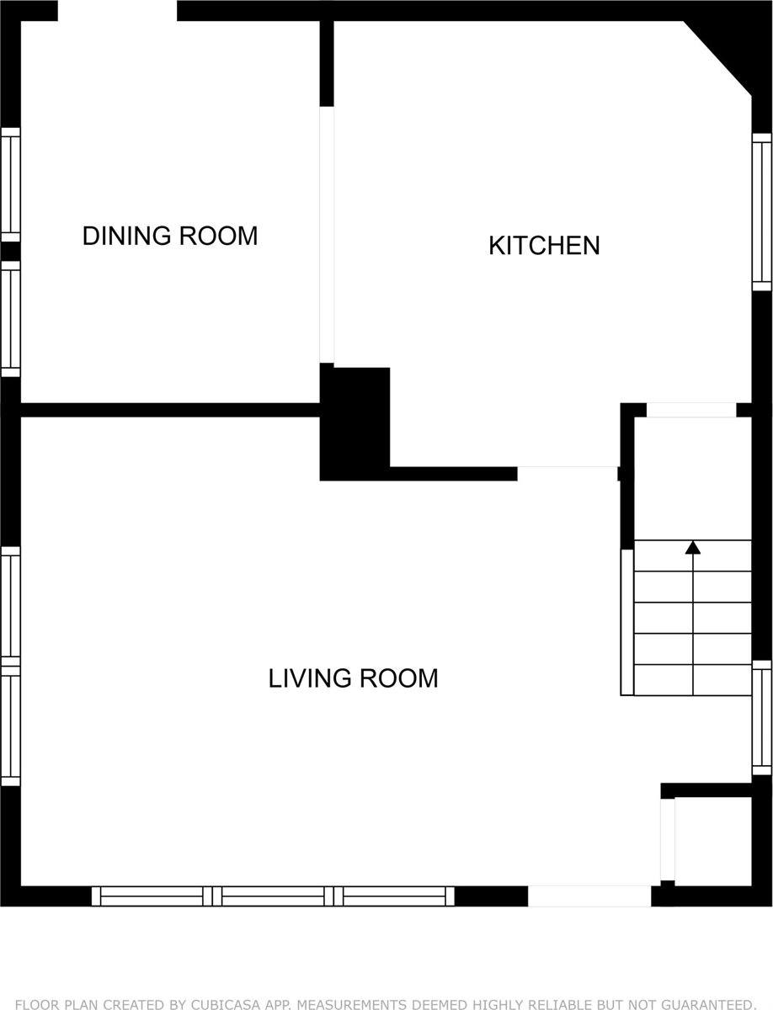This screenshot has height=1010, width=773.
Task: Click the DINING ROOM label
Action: (x=169, y=236)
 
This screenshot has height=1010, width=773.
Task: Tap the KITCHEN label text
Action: (x=544, y=246)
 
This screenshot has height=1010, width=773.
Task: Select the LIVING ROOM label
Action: (x=353, y=678)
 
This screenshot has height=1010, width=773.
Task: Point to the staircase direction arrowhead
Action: (x=692, y=548)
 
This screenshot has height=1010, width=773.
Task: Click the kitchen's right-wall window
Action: (x=761, y=211)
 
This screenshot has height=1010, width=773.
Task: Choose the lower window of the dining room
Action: (x=10, y=319)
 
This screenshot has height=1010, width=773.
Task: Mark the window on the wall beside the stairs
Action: (x=761, y=718)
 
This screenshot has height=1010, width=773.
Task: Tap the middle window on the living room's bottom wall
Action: (x=273, y=896)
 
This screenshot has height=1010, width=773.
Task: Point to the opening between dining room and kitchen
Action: (x=327, y=235)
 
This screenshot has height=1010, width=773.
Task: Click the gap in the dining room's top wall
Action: (x=117, y=10)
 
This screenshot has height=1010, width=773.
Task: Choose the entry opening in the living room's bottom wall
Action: (x=589, y=896)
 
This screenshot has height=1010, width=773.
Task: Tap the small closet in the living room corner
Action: (x=712, y=841)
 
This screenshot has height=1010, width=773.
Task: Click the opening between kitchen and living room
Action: (x=568, y=473)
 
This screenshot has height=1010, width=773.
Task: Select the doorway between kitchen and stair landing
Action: (x=690, y=410)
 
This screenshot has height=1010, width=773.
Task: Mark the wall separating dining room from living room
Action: (x=169, y=410)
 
